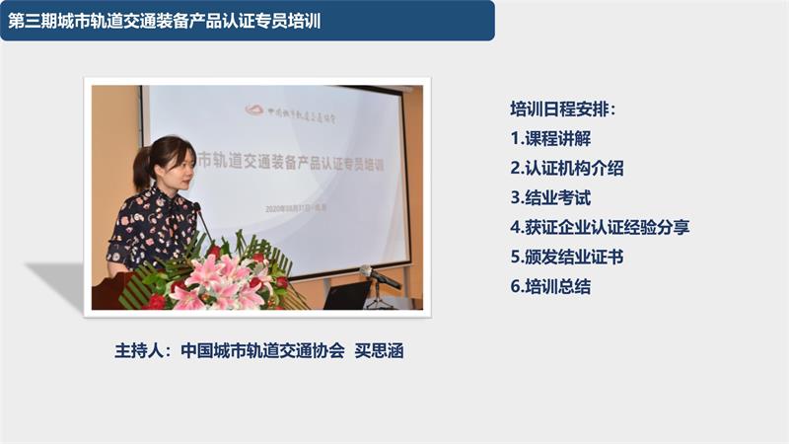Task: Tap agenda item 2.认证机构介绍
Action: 567,168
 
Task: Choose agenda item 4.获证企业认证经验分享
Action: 600,227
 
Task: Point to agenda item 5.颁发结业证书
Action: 567,257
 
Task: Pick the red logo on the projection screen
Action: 255,111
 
